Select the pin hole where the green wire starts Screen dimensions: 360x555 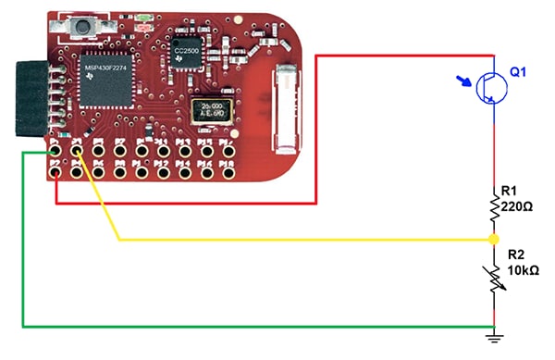tap(55, 148)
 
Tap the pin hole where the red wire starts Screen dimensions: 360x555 tap(56, 169)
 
